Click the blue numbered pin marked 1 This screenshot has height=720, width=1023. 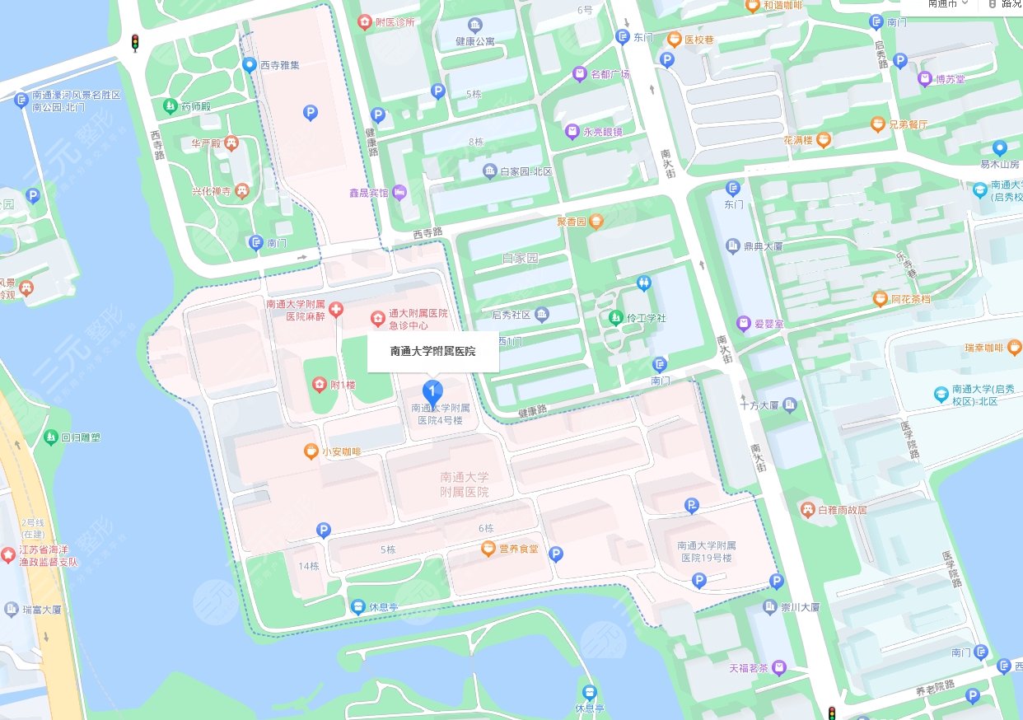[431, 390]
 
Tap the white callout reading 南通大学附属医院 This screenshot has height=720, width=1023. [433, 351]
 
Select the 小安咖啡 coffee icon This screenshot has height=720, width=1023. [311, 451]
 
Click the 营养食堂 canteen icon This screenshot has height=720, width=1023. [488, 549]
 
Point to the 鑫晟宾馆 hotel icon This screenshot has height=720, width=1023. [399, 192]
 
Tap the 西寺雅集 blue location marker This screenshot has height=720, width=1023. [249, 64]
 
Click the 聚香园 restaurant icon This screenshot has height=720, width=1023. [597, 221]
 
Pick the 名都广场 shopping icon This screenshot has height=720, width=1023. [580, 74]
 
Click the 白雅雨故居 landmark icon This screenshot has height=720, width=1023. [806, 509]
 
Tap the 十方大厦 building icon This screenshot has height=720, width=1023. [791, 404]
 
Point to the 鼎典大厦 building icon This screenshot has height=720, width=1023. [733, 245]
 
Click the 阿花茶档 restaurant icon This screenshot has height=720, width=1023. [880, 299]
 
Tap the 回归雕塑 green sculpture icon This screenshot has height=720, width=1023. [53, 437]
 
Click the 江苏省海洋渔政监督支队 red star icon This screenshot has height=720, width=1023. [8, 554]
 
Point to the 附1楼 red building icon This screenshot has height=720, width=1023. [320, 384]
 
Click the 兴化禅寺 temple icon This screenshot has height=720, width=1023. [242, 192]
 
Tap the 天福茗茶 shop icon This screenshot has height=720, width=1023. [779, 666]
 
